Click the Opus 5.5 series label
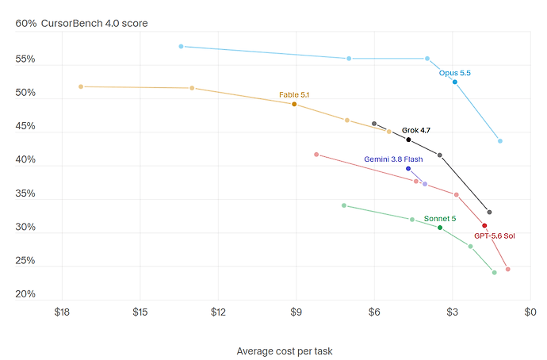(x=454, y=73)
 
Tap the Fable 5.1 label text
(x=294, y=95)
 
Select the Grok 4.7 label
(x=416, y=131)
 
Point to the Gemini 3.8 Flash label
(x=393, y=159)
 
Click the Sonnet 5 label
(x=439, y=219)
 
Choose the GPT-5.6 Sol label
(x=495, y=236)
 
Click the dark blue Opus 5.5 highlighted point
(x=454, y=82)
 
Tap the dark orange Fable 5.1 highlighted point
(x=294, y=105)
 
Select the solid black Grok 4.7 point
(x=408, y=140)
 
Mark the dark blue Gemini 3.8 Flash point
(x=408, y=169)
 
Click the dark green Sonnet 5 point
(x=440, y=228)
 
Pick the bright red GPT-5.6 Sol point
(x=484, y=226)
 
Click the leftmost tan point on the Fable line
(x=81, y=86)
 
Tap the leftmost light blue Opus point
(x=181, y=47)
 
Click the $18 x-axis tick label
(x=62, y=312)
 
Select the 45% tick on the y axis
(x=25, y=126)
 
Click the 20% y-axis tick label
(x=25, y=294)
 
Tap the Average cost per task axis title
(x=285, y=351)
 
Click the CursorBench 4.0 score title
(x=94, y=23)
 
